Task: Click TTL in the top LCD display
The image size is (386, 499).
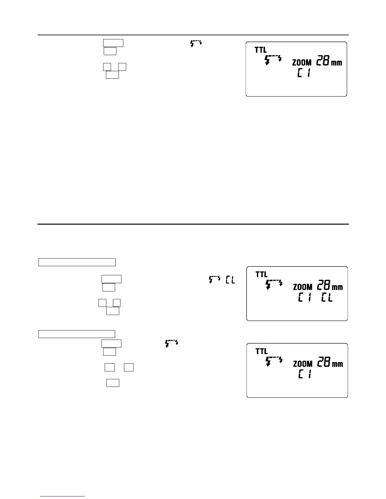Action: (x=261, y=50)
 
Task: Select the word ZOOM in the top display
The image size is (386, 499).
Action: (x=302, y=62)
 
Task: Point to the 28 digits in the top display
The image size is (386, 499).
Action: (x=323, y=61)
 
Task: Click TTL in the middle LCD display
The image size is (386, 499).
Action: (x=261, y=274)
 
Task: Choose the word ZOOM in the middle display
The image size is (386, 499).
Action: (x=303, y=287)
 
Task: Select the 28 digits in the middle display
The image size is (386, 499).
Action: (x=323, y=285)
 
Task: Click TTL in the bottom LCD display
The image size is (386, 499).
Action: (x=261, y=351)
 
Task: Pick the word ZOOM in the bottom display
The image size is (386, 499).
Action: (x=303, y=364)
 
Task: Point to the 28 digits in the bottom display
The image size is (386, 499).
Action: (x=323, y=362)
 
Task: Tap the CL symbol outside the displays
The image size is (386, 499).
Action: (x=230, y=280)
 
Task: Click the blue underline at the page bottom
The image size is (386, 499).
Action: (x=63, y=496)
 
